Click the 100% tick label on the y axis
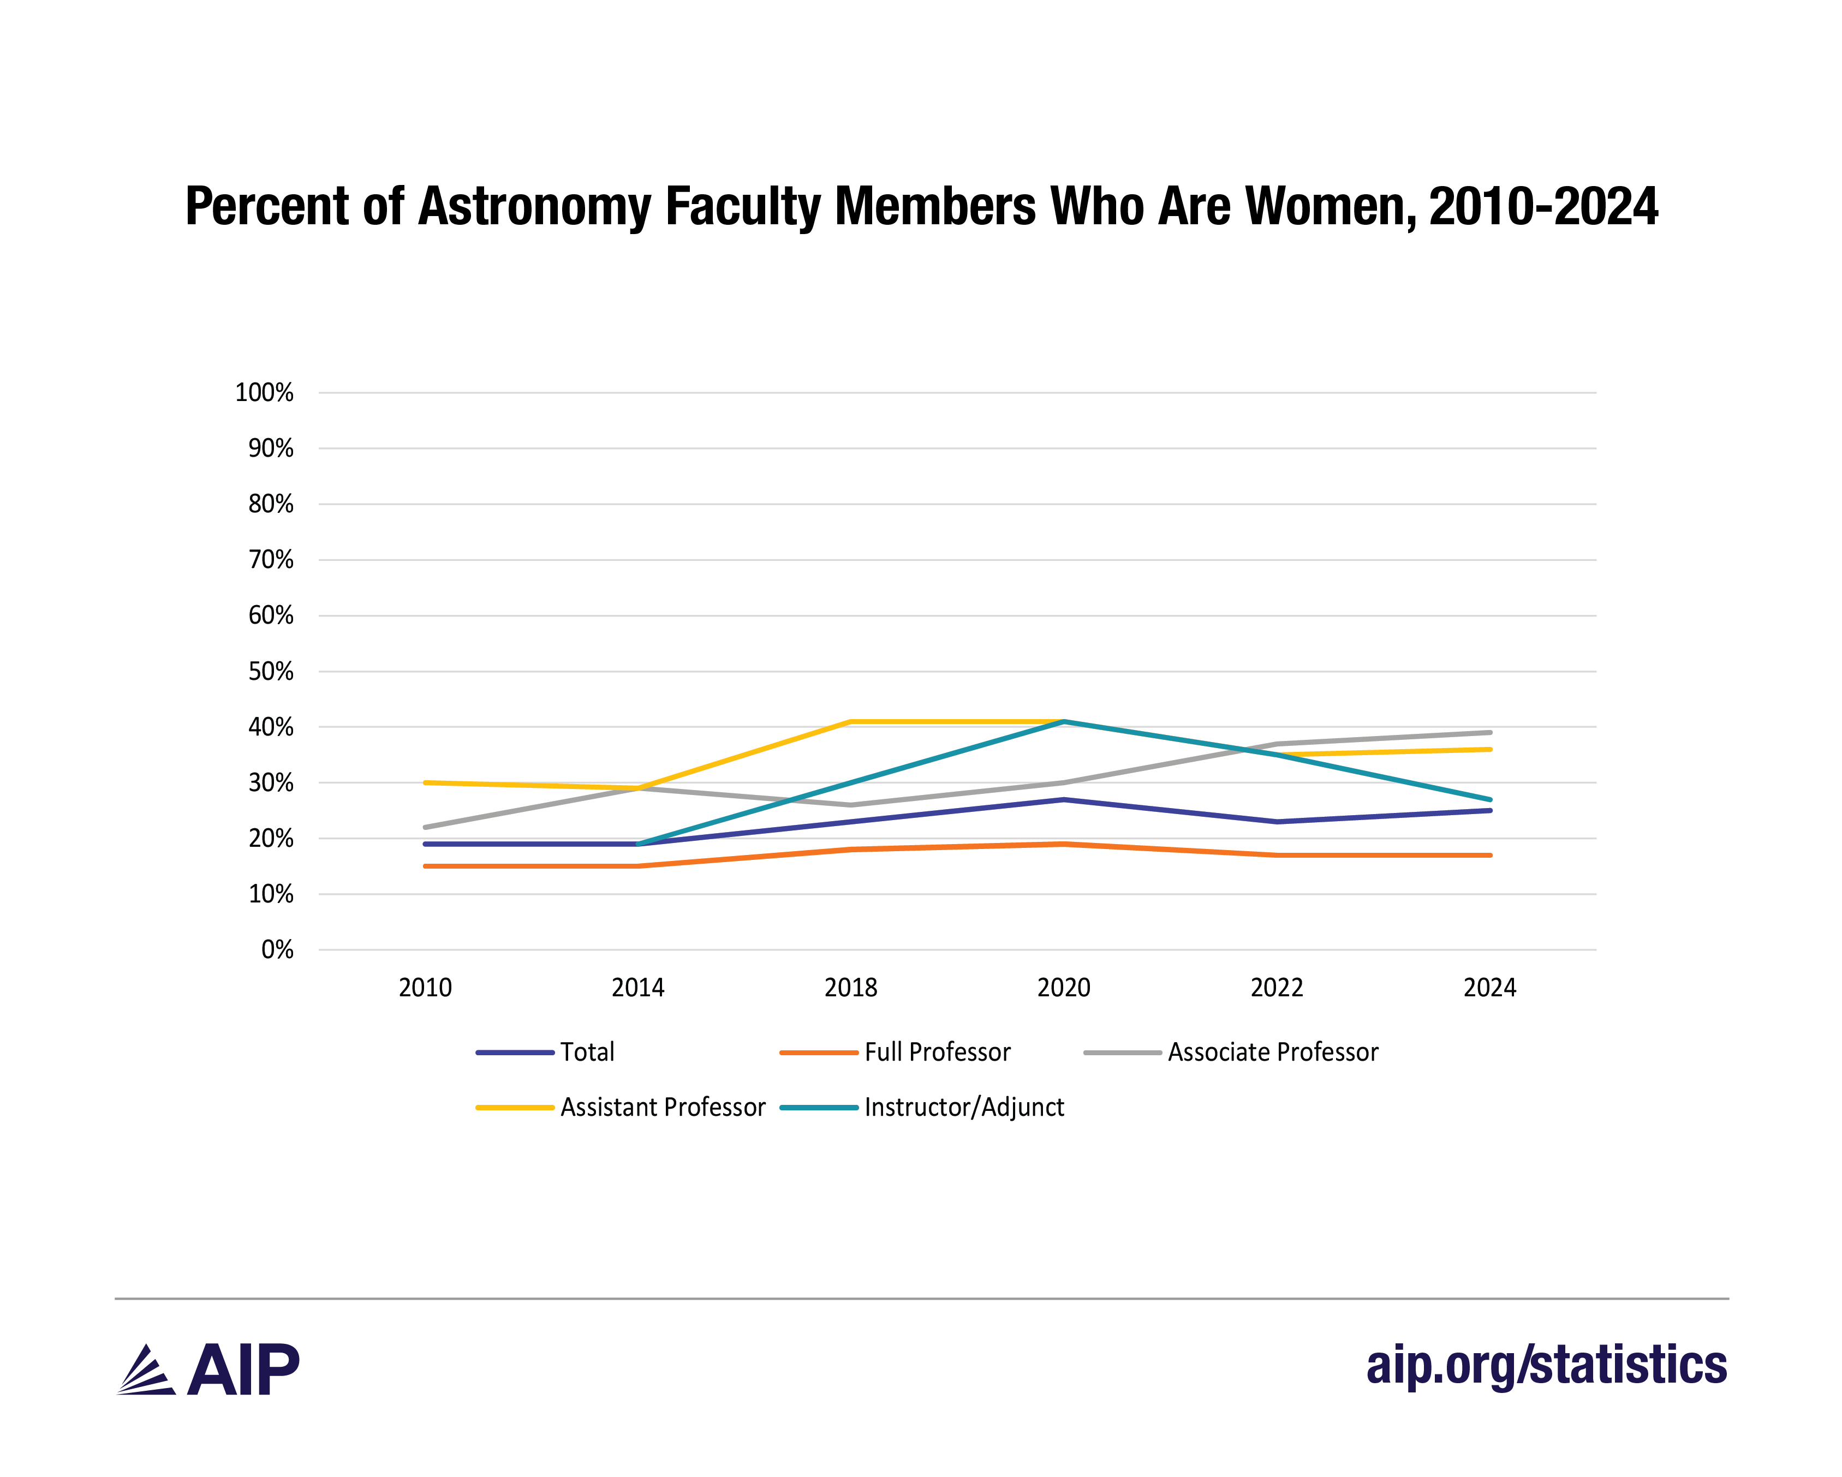[x=264, y=393]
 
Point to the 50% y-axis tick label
[x=271, y=672]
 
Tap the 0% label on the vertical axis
[x=277, y=950]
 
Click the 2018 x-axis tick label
[x=850, y=988]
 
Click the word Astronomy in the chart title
[x=534, y=207]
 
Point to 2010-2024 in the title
[x=1543, y=207]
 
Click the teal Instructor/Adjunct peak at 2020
[x=1064, y=722]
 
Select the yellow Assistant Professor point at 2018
[x=851, y=722]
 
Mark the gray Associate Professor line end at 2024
[x=1490, y=732]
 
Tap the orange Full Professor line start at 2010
[x=426, y=866]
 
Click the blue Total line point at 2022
[x=1277, y=822]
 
